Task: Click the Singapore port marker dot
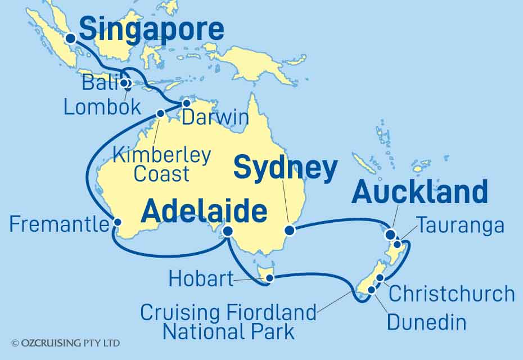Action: click(x=71, y=39)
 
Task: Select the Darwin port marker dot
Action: click(x=187, y=103)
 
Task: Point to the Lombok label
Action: click(x=102, y=106)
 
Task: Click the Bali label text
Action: click(x=99, y=84)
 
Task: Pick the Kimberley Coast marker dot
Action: click(x=160, y=114)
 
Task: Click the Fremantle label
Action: click(x=59, y=225)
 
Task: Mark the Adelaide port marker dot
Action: click(x=228, y=231)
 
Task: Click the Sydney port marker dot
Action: click(x=290, y=230)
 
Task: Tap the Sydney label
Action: click(x=285, y=168)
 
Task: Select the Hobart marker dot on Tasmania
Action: click(x=270, y=277)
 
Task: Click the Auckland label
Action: click(x=419, y=192)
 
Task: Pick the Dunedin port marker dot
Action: click(x=371, y=290)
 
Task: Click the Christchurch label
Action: click(x=452, y=294)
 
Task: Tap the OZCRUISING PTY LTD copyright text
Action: click(x=65, y=343)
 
